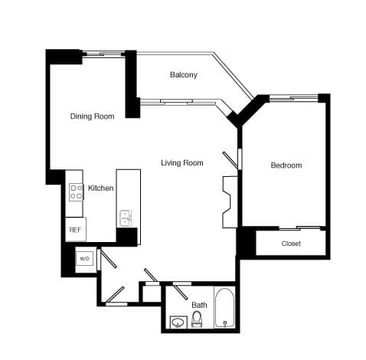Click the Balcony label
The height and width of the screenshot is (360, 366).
[183, 74]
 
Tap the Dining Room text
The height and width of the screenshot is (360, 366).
[92, 116]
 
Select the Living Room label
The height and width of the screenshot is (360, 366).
[181, 162]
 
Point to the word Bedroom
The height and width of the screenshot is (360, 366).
[286, 165]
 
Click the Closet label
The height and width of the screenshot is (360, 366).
[291, 244]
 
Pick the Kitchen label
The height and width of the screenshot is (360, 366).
[101, 188]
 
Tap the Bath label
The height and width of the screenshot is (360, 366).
[199, 304]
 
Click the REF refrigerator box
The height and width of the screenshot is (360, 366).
[75, 229]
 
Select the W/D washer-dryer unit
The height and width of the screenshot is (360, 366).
[84, 259]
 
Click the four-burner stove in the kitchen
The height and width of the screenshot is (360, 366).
[76, 191]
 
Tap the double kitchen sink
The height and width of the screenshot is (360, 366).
[126, 218]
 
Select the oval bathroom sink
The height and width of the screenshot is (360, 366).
[178, 322]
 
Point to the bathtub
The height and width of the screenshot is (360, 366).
[224, 309]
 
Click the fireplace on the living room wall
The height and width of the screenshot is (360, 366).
[228, 201]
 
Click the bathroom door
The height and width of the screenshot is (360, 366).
[181, 290]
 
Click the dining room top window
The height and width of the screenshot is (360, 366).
[103, 54]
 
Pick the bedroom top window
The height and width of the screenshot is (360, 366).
[294, 97]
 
